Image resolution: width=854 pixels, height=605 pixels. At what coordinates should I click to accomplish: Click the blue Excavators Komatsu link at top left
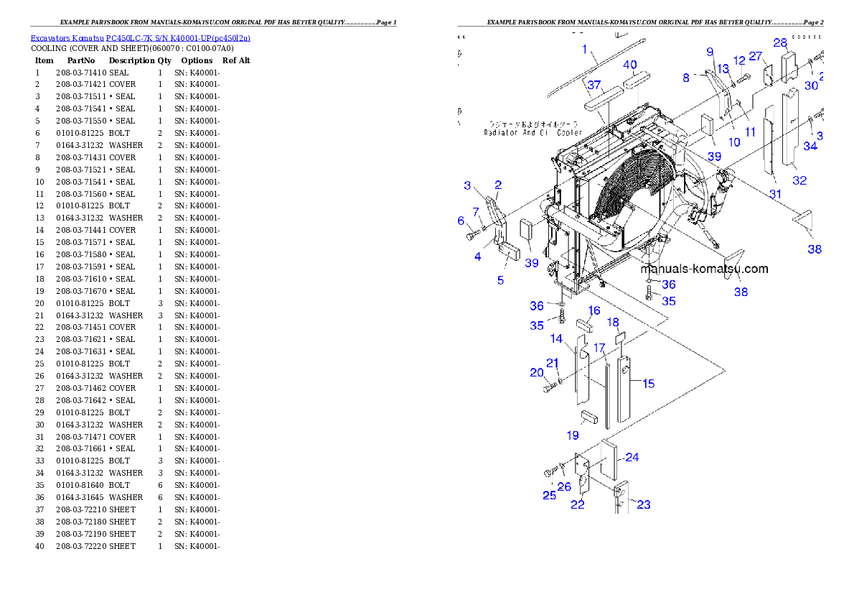tap(140, 38)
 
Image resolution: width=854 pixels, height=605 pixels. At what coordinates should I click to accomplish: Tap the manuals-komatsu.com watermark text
tap(704, 269)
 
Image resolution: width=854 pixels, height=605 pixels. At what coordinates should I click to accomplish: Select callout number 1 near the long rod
tap(585, 50)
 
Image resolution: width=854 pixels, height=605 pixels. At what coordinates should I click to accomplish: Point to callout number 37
tap(593, 85)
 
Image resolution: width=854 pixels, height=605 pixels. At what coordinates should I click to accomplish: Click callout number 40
tap(629, 65)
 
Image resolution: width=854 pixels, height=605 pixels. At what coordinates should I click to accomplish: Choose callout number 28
tap(780, 43)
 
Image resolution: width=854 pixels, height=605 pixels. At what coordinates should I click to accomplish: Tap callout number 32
tap(799, 180)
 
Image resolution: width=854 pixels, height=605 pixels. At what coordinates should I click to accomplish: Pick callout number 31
tap(775, 194)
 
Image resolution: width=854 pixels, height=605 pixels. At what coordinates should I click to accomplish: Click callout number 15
tap(648, 384)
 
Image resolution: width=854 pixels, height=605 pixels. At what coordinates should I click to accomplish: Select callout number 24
tap(632, 457)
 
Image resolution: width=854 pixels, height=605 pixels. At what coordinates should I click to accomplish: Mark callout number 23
tap(644, 505)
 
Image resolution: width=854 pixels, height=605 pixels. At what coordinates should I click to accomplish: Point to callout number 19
tap(573, 435)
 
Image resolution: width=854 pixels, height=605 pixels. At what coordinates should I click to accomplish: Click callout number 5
tap(501, 280)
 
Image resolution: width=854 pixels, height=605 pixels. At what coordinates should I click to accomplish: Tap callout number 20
tap(537, 372)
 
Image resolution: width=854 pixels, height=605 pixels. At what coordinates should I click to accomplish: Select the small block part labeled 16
tap(583, 324)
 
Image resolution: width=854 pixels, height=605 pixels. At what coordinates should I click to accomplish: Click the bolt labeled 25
tap(551, 472)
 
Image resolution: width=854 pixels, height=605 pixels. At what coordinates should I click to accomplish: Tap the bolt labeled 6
tap(471, 236)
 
